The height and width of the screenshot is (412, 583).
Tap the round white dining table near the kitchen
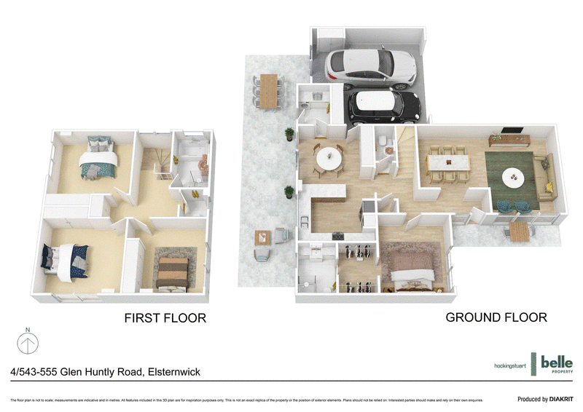tap(329, 157)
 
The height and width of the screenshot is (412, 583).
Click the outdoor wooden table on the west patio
tap(270, 91)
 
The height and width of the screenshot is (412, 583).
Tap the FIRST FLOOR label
tap(165, 318)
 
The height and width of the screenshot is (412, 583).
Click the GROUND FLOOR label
tap(496, 317)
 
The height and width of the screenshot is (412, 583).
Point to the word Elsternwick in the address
tap(173, 371)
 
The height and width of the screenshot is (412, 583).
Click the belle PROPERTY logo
tap(552, 363)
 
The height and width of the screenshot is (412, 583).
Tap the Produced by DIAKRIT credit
tap(545, 399)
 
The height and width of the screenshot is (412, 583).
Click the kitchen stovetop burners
tap(337, 235)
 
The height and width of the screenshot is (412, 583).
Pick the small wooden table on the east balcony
tap(519, 232)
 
